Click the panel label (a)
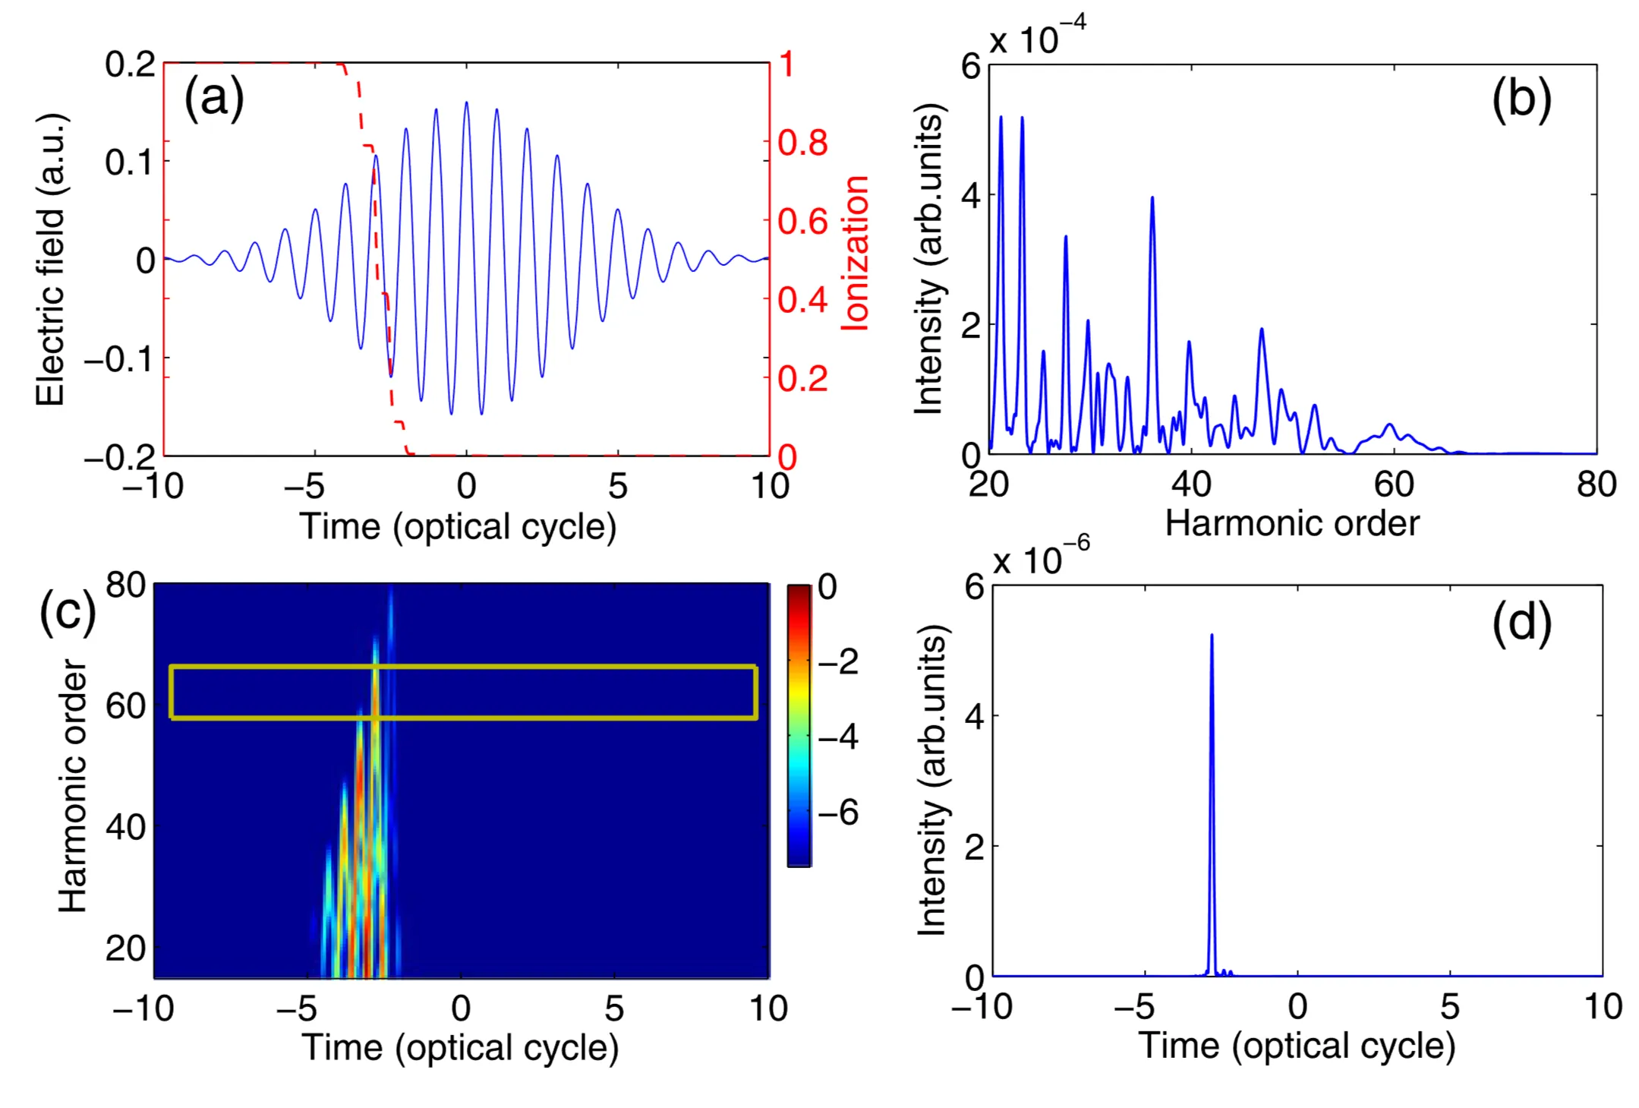click(214, 98)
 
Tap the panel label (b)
click(1521, 99)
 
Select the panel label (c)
click(67, 612)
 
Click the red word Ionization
click(856, 253)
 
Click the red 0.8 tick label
click(802, 143)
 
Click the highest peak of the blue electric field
click(466, 103)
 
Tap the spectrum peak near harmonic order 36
click(1152, 198)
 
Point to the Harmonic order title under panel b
click(1292, 523)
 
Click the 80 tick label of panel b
click(1596, 485)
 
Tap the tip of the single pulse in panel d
click(1212, 636)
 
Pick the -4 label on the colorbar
click(837, 737)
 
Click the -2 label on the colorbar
click(837, 661)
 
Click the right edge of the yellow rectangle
click(755, 692)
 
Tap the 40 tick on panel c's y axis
click(125, 826)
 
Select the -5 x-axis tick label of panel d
click(1133, 1007)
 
